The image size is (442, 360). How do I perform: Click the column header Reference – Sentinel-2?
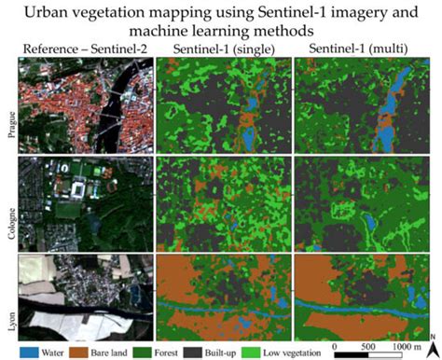tap(84, 48)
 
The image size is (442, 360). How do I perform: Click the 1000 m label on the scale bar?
tap(407, 344)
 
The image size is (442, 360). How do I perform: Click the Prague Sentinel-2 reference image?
tap(84, 104)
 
